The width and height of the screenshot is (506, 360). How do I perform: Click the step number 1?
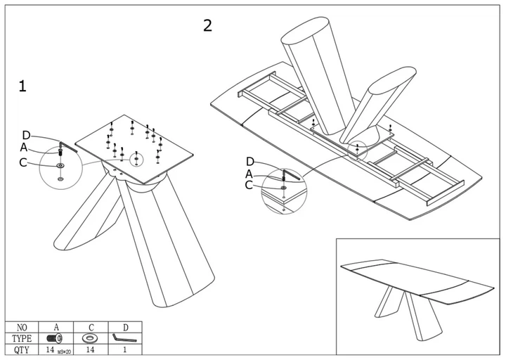pyautogui.click(x=22, y=86)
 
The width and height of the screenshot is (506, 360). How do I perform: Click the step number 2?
pyautogui.click(x=207, y=25)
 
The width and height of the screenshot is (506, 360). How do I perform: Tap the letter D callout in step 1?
pyautogui.click(x=26, y=135)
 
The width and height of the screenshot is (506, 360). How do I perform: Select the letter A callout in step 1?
pyautogui.click(x=24, y=147)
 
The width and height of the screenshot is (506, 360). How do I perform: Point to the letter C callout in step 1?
pyautogui.click(x=23, y=162)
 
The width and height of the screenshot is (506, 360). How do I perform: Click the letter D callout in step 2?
pyautogui.click(x=250, y=162)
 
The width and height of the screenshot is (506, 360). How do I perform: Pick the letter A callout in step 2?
pyautogui.click(x=249, y=174)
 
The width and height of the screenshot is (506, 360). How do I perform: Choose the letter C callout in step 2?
pyautogui.click(x=249, y=185)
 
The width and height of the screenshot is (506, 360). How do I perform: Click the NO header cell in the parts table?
pyautogui.click(x=22, y=328)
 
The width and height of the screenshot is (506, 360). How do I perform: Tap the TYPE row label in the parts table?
pyautogui.click(x=22, y=339)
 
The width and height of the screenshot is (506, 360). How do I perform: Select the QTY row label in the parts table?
pyautogui.click(x=22, y=350)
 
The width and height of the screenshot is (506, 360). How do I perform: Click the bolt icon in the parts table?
pyautogui.click(x=55, y=338)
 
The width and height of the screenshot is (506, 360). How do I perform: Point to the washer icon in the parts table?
pyautogui.click(x=90, y=338)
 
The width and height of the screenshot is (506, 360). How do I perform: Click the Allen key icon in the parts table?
pyautogui.click(x=124, y=337)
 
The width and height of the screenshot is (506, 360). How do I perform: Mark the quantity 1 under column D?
pyautogui.click(x=125, y=349)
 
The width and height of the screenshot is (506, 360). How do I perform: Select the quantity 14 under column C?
pyautogui.click(x=91, y=349)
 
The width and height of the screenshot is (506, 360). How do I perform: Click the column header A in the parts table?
pyautogui.click(x=56, y=327)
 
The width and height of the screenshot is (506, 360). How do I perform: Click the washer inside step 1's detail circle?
pyautogui.click(x=60, y=166)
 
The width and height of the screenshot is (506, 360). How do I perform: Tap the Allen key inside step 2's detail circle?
pyautogui.click(x=292, y=174)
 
